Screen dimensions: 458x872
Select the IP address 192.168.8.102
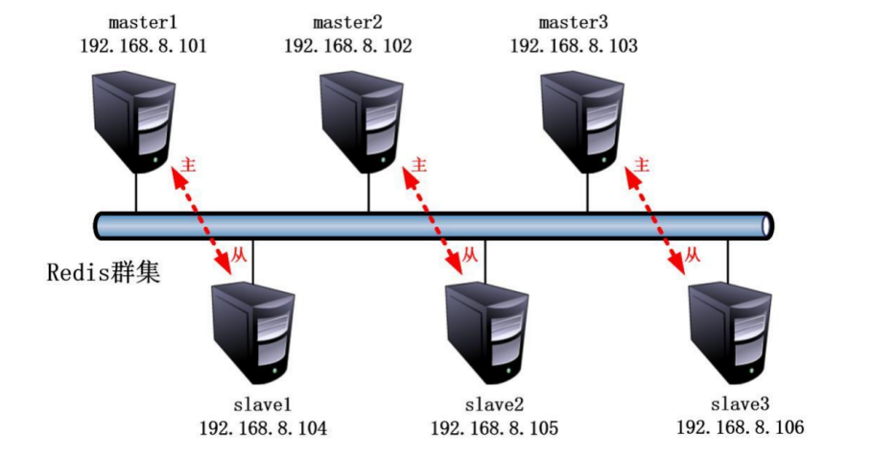pyautogui.click(x=348, y=45)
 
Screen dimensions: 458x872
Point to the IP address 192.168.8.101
pyautogui.click(x=145, y=45)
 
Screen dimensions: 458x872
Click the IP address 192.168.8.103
pyautogui.click(x=574, y=45)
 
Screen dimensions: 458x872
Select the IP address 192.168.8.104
pyautogui.click(x=263, y=428)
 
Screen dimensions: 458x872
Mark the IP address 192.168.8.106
pyautogui.click(x=740, y=428)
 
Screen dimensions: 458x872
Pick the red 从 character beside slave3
pyautogui.click(x=692, y=256)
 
